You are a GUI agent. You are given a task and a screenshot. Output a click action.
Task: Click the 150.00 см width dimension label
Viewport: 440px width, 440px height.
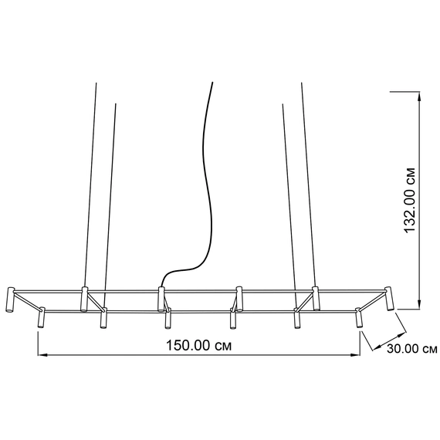[x=198, y=345]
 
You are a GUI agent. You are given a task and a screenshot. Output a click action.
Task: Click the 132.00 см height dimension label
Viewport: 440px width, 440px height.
[x=409, y=201]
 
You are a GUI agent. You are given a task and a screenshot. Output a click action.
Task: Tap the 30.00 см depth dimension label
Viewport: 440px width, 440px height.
[x=412, y=349]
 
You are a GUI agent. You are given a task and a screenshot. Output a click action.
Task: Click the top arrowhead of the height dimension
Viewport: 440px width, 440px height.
[x=419, y=96]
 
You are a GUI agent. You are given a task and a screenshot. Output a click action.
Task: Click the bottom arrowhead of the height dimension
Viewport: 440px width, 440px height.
[x=419, y=304]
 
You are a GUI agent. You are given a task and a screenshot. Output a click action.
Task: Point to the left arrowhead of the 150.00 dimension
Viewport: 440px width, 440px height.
[x=42, y=355]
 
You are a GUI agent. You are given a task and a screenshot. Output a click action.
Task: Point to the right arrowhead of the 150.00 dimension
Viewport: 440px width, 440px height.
[x=355, y=355]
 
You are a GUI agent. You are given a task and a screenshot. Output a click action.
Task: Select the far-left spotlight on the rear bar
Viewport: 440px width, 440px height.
[x=10, y=300]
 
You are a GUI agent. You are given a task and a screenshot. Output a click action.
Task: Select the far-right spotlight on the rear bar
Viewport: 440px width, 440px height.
[x=389, y=299]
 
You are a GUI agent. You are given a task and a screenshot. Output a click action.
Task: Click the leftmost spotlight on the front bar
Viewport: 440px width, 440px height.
[x=41, y=318]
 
